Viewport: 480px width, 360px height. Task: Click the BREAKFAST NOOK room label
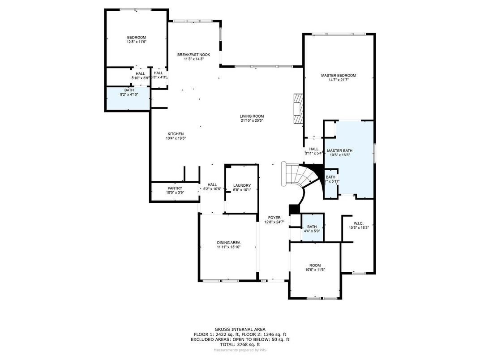coord(193,55)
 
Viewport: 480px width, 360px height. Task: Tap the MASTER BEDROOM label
coord(339,75)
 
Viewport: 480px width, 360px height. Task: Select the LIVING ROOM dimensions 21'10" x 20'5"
coord(252,121)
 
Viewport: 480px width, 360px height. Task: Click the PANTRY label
coord(175,188)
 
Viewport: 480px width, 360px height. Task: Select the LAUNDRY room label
coord(242,185)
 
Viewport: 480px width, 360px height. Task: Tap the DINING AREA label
coord(229,242)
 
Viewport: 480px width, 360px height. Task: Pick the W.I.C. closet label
coord(358,223)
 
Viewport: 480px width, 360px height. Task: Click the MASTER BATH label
coord(339,150)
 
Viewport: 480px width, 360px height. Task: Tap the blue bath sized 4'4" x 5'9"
coord(312,229)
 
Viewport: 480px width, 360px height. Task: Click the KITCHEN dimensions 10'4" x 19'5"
coord(176,138)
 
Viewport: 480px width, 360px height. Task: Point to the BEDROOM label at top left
coord(136,37)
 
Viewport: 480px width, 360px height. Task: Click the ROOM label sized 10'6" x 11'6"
coord(315,265)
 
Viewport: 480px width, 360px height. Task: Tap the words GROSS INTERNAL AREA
coord(240,328)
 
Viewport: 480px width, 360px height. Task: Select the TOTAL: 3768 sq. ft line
coord(240,345)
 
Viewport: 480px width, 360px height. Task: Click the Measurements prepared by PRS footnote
coord(240,350)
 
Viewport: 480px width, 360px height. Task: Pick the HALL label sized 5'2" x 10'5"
coord(212,184)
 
